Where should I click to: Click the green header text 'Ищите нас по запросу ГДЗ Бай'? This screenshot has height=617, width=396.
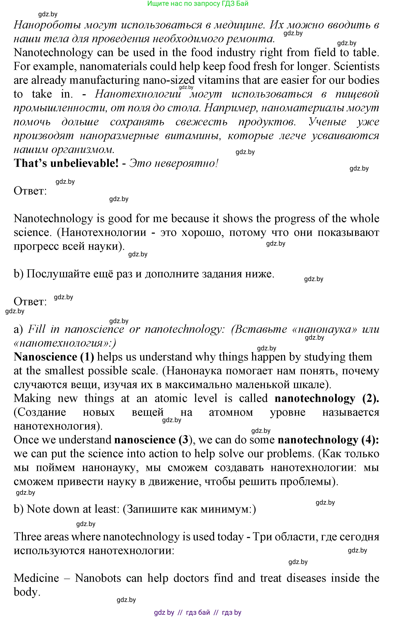pyautogui.click(x=198, y=4)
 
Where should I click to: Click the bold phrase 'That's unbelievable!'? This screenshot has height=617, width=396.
pyautogui.click(x=66, y=163)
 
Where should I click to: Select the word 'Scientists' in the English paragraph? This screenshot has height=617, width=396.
pyautogui.click(x=356, y=66)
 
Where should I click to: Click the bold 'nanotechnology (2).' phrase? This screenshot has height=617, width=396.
pyautogui.click(x=327, y=398)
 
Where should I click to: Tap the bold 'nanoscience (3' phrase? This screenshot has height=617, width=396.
pyautogui.click(x=152, y=440)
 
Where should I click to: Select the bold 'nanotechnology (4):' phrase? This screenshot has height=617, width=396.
pyautogui.click(x=328, y=440)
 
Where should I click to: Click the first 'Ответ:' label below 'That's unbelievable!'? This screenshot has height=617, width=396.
pyautogui.click(x=30, y=191)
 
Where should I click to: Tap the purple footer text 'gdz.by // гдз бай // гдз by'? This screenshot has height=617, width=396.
pyautogui.click(x=198, y=612)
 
